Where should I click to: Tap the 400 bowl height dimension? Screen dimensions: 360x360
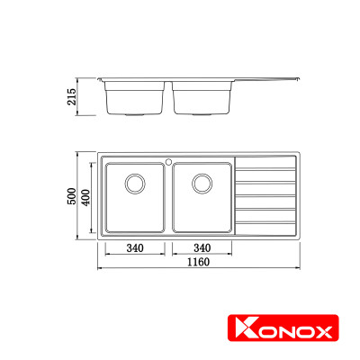(86, 197)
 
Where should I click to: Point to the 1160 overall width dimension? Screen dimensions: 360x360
(200, 263)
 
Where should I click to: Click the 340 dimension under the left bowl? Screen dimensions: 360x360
(134, 248)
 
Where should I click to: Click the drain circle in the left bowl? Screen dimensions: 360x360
(134, 184)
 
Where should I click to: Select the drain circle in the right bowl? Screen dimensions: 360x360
(201, 184)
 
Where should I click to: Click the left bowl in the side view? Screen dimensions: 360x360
(134, 98)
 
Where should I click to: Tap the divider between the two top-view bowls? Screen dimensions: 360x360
(167, 197)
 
